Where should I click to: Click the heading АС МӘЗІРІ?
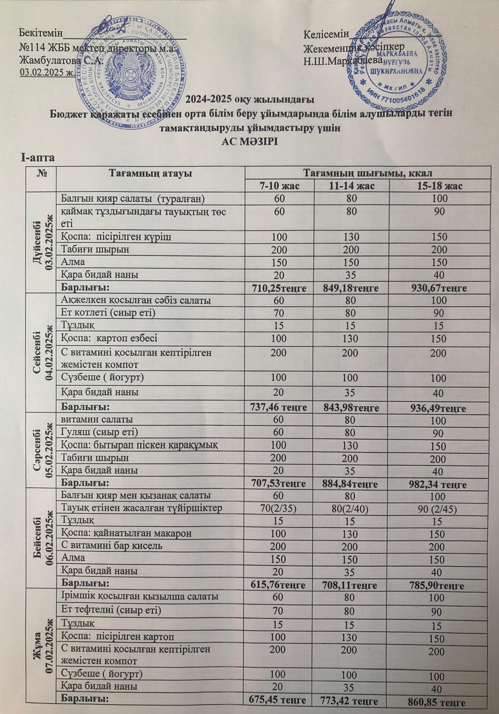(249, 142)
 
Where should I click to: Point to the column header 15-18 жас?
(437, 186)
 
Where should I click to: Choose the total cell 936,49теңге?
(437, 406)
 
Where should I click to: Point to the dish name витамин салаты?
(97, 419)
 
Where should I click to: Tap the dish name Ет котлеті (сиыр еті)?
(108, 313)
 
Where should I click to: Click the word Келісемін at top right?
(327, 35)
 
